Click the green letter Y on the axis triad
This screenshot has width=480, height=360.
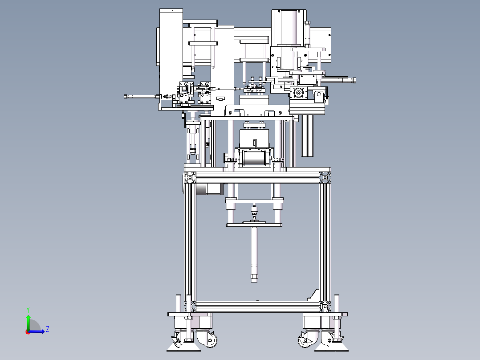click(28, 310)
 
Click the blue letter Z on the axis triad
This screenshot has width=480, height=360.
click(48, 329)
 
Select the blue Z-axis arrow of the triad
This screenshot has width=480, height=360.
click(36, 331)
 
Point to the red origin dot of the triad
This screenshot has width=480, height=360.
click(28, 332)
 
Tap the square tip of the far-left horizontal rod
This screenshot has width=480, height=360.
click(126, 97)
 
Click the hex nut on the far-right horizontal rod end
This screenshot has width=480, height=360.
click(354, 80)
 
